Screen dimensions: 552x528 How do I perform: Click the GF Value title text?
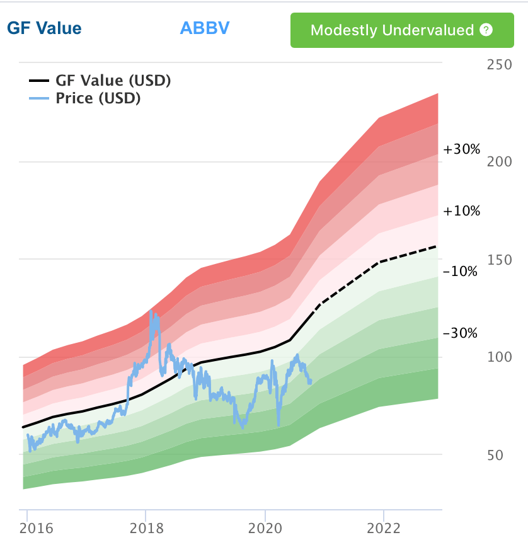tap(44, 28)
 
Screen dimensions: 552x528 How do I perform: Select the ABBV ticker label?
tap(205, 28)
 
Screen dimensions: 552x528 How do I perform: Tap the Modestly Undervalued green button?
tap(393, 30)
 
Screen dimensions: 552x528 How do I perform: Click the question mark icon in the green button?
tap(485, 30)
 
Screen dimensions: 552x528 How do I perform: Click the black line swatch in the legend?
tap(38, 81)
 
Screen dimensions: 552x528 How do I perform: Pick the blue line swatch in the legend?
tap(38, 98)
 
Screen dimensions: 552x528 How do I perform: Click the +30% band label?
tap(461, 150)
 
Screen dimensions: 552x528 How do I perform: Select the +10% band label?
tap(461, 211)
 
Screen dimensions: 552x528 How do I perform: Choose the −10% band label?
tap(460, 272)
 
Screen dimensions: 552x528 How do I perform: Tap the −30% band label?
tap(460, 333)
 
